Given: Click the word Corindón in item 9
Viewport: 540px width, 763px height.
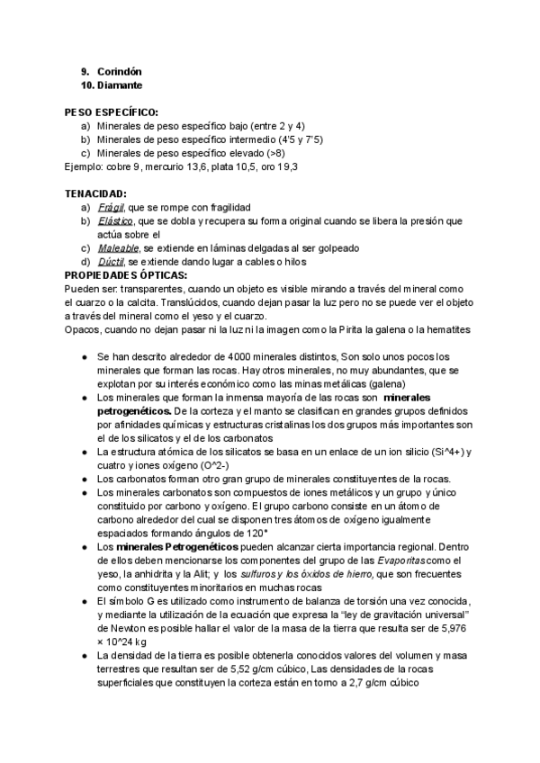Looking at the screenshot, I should [x=120, y=71].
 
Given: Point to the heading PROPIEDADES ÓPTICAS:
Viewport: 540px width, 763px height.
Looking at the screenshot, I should [x=126, y=274].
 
